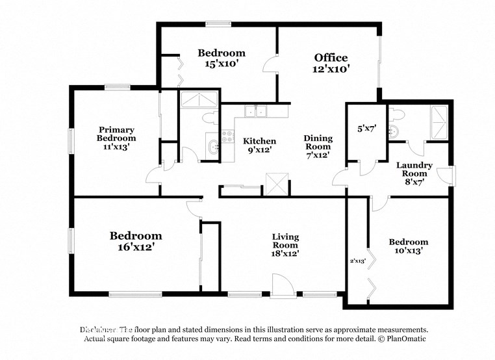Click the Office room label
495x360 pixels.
point(331,58)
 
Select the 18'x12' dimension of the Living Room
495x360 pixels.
point(285,254)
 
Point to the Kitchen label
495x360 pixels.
point(259,141)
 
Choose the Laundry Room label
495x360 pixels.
point(414,170)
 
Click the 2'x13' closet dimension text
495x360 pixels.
point(358,261)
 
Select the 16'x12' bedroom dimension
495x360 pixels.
point(135,247)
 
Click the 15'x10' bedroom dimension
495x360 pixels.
point(222,64)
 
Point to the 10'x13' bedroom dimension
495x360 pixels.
point(409,251)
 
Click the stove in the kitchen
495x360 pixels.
point(229,136)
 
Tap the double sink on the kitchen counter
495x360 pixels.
point(255,112)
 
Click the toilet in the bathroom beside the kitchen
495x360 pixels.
point(208,118)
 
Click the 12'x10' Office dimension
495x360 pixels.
point(331,70)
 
